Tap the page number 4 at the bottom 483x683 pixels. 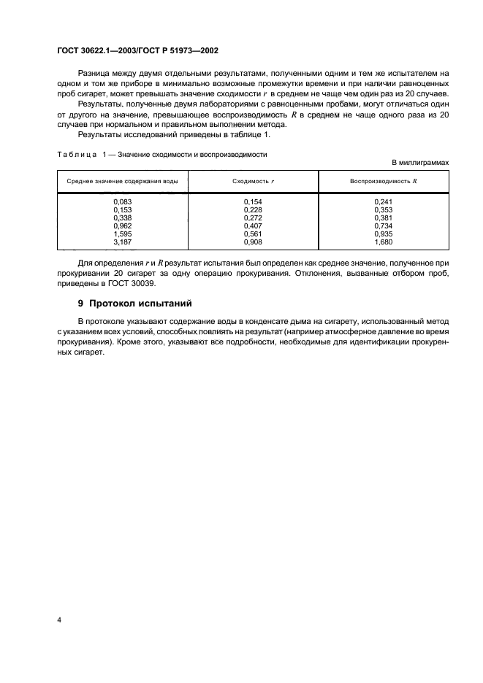click(59, 620)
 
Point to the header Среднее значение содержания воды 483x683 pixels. click(122, 181)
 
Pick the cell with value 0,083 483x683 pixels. click(122, 201)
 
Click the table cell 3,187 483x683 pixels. click(122, 242)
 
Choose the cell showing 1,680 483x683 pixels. click(383, 242)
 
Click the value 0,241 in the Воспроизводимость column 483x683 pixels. click(383, 201)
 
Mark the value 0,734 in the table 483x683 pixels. click(383, 225)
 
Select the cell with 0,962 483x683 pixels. click(122, 225)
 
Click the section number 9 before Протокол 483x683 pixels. click(80, 301)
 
